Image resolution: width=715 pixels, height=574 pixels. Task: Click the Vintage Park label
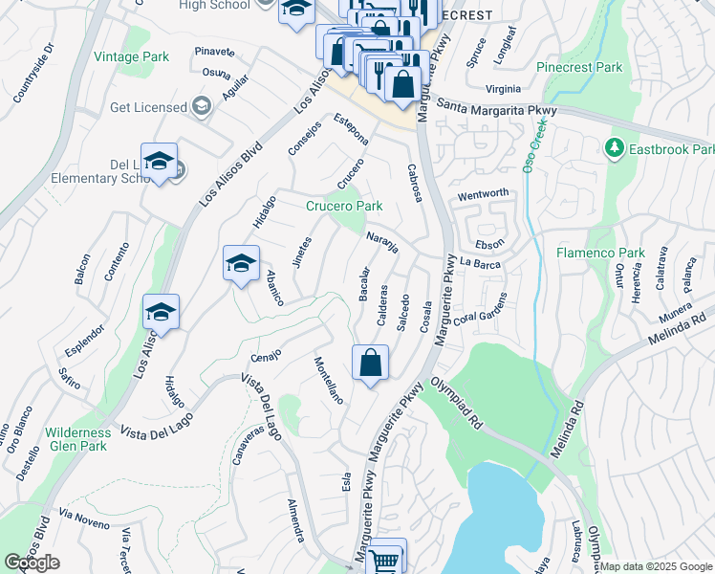[x=131, y=57]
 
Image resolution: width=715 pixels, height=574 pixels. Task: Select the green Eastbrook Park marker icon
[x=614, y=149]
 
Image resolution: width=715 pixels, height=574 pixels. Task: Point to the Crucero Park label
[x=344, y=206]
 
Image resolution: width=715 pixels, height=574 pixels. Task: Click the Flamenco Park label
[x=598, y=254]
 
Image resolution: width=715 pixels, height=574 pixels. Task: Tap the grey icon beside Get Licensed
[x=201, y=106]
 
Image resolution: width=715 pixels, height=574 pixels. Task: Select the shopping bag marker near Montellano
[x=370, y=364]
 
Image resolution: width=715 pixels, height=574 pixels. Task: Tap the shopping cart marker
[x=384, y=559]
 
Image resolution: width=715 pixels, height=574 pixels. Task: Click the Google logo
[x=32, y=563]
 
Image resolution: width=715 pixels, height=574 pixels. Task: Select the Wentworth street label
[x=483, y=194]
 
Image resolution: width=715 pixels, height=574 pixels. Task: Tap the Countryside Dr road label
[x=32, y=74]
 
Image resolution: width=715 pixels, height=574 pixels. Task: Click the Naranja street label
[x=381, y=242]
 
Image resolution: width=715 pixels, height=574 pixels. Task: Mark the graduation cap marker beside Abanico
[x=241, y=264]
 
